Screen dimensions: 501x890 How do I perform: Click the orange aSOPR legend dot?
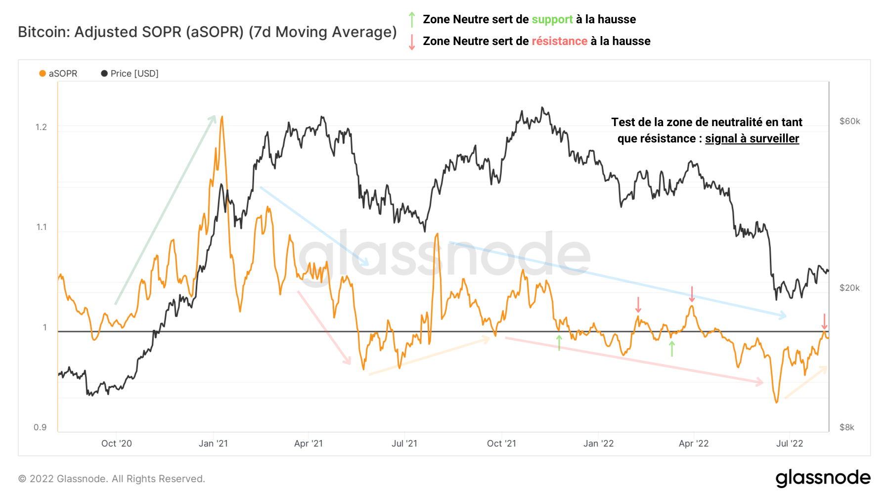tap(43, 74)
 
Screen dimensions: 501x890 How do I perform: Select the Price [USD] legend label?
tap(134, 74)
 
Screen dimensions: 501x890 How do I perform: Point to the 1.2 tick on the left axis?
tap(41, 127)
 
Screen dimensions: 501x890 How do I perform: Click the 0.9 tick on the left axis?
tap(40, 427)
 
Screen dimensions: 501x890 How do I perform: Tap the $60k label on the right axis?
tap(849, 121)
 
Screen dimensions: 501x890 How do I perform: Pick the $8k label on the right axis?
tap(846, 427)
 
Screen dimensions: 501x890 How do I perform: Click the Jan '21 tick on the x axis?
tap(213, 444)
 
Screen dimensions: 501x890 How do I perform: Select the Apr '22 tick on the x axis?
tap(693, 444)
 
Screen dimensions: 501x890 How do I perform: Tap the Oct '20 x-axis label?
tap(117, 444)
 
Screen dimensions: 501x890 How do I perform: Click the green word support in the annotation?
tap(552, 19)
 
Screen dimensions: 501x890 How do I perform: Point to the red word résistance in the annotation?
tap(559, 41)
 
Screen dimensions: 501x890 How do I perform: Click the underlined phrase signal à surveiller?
tap(752, 138)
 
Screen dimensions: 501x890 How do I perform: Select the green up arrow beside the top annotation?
tap(412, 20)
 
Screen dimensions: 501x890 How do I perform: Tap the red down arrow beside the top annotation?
tap(412, 42)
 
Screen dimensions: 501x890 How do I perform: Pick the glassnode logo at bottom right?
tap(823, 478)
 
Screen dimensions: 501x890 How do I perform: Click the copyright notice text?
tap(112, 479)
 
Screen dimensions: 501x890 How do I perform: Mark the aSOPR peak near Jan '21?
tap(222, 117)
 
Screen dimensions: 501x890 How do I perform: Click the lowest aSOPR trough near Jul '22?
tap(776, 402)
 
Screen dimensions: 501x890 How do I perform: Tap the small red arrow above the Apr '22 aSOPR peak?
tap(692, 294)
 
